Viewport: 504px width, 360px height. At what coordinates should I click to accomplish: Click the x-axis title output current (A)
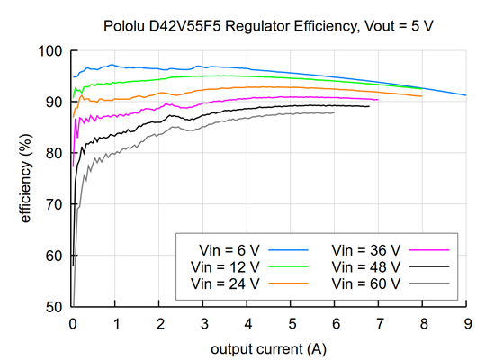coord(268,347)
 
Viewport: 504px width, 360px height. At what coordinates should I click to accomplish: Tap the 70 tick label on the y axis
coord(54,204)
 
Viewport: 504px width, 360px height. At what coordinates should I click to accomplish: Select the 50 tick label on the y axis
coord(54,307)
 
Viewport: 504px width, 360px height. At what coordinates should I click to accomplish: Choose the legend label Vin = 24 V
coord(225,283)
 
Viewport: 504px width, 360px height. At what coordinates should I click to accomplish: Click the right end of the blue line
coord(465,94)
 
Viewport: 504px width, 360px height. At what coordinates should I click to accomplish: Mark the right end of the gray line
coord(334,112)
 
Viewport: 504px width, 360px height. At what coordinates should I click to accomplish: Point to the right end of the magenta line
coord(378,99)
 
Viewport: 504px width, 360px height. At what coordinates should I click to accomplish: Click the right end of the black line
coord(369,106)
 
